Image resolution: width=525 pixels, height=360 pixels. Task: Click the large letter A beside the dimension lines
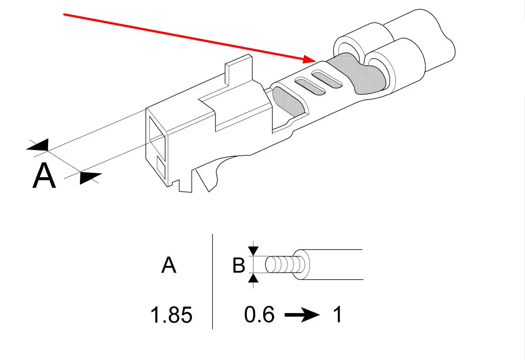pos(45,176)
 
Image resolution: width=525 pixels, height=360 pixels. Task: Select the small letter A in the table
pos(169,266)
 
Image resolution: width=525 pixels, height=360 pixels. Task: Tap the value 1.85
pos(171,315)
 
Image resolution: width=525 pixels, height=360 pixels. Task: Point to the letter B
pos(238,266)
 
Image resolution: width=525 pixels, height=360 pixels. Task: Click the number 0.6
pos(259,315)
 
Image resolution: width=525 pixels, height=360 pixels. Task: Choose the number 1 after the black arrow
pos(337,315)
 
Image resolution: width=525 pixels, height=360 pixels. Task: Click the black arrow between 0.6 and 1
pos(302,315)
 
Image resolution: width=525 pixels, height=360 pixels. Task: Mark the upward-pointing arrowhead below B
pos(253,278)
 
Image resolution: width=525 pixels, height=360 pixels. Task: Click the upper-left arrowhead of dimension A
pos(38,146)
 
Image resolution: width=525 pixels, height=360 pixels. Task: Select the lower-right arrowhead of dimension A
pos(91,178)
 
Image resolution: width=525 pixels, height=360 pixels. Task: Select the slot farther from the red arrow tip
pos(310,86)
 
